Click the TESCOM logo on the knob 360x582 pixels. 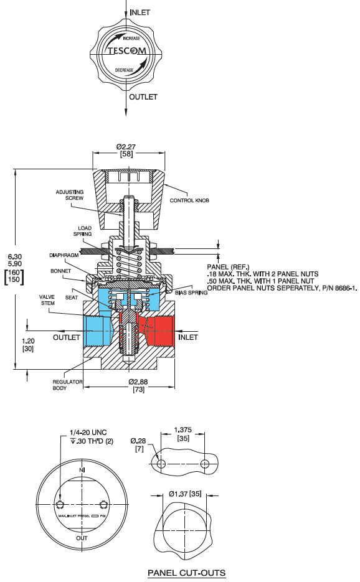[x=126, y=52]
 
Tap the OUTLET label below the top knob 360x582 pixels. [x=143, y=97]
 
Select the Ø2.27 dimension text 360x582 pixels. [x=126, y=147]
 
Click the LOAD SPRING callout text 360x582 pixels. [x=85, y=231]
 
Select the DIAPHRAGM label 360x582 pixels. [x=63, y=255]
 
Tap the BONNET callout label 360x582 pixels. [x=62, y=271]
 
